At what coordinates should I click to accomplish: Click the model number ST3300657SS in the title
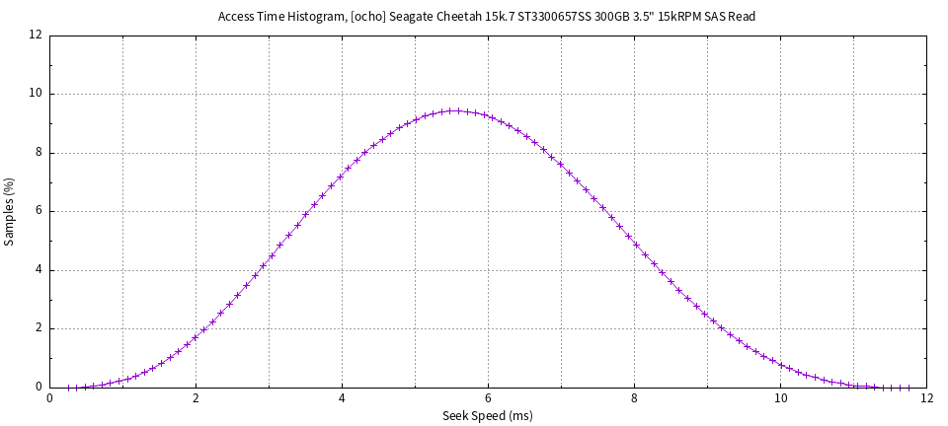coord(553,17)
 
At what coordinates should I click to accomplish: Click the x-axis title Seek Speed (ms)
coord(488,416)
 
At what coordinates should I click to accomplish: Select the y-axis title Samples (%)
coord(10,211)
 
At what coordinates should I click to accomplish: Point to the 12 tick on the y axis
coord(36,35)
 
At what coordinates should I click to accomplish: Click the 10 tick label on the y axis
coord(36,94)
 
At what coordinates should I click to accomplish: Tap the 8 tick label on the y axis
coord(39,153)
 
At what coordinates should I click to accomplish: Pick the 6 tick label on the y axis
coord(39,211)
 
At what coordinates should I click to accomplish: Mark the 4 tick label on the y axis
coord(39,270)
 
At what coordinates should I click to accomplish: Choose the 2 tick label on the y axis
coord(39,328)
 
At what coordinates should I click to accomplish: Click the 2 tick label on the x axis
coord(196,399)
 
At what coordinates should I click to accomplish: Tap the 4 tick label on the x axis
coord(342,399)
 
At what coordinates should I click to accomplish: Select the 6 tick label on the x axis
coord(488,399)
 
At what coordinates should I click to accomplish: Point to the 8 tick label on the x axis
coord(634,399)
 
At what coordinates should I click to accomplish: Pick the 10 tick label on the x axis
coord(780,399)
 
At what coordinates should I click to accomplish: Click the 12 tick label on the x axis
coord(926,399)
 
